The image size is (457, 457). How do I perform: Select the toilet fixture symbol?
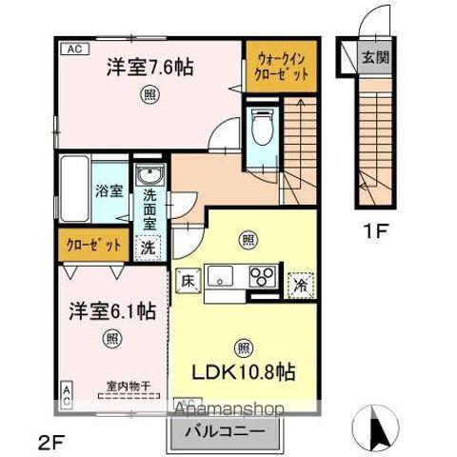[x=262, y=129]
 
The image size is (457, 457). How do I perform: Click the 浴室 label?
[x=108, y=189]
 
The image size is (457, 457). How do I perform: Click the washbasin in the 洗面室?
[x=150, y=176]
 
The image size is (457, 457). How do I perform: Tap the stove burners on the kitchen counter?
[x=262, y=277]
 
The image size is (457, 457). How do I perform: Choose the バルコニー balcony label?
[x=227, y=433]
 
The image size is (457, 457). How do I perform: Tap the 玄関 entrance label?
[x=372, y=55]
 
